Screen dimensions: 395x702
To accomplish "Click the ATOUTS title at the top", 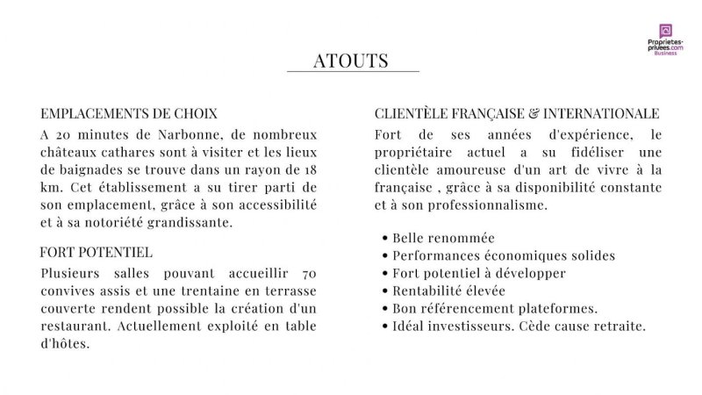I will (x=351, y=61).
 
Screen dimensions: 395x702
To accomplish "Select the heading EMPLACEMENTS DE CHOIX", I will (x=129, y=114).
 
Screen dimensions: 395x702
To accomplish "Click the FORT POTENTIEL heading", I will (x=97, y=253).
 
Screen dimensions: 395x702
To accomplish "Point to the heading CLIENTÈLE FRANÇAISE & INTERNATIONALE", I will (x=517, y=114).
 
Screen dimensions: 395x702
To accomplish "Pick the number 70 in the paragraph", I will (x=309, y=273).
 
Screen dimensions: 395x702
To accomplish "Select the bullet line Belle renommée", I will (x=443, y=238).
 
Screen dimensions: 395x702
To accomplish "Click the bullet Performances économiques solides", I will (x=504, y=255).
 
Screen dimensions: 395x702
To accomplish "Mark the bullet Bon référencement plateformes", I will (x=495, y=308).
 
